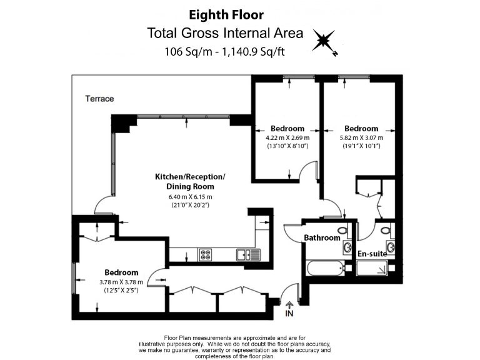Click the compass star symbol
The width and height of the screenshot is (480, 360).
click(x=325, y=42)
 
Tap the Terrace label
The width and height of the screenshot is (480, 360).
click(x=99, y=99)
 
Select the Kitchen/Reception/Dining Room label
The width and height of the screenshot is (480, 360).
click(x=189, y=182)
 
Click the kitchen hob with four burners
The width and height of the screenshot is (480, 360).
click(x=206, y=254)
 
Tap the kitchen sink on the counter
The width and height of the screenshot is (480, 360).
click(x=244, y=254)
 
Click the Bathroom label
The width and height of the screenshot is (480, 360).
click(x=322, y=237)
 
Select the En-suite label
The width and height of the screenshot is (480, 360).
click(x=372, y=253)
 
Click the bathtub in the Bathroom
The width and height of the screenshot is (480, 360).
click(x=324, y=270)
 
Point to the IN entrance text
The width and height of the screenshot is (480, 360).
click(x=289, y=312)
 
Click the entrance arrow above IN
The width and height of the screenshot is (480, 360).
click(x=289, y=303)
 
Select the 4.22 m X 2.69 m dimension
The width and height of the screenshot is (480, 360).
click(x=287, y=137)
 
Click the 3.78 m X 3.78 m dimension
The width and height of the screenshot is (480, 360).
click(x=121, y=282)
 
